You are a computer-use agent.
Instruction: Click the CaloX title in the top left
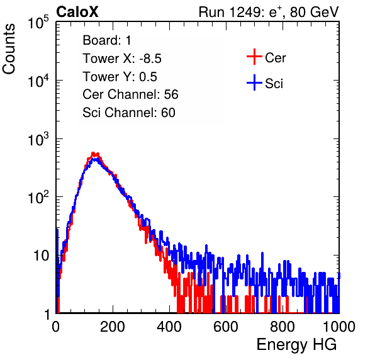[x=77, y=12]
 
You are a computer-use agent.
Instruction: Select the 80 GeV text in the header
[x=315, y=12]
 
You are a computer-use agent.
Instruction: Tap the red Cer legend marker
[x=254, y=57]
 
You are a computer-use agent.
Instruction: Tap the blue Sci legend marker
[x=254, y=82]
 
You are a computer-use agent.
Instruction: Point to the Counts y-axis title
[x=9, y=49]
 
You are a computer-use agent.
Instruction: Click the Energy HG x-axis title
[x=297, y=344]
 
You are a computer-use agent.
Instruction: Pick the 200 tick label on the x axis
[x=113, y=327]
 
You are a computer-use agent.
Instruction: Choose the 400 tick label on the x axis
[x=169, y=327]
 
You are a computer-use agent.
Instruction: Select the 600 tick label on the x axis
[x=226, y=327]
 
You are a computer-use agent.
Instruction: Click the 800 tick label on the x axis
[x=283, y=327]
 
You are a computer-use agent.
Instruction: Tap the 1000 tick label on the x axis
[x=339, y=327]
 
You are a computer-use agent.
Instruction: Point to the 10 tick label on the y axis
[x=42, y=256]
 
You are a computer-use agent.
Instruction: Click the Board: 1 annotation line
[x=107, y=40]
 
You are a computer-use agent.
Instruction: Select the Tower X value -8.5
[x=150, y=59]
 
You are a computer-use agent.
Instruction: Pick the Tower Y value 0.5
[x=148, y=77]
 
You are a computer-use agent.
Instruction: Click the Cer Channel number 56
[x=171, y=94]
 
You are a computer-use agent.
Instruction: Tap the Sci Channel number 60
[x=168, y=113]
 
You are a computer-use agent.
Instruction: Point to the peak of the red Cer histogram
[x=94, y=154]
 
